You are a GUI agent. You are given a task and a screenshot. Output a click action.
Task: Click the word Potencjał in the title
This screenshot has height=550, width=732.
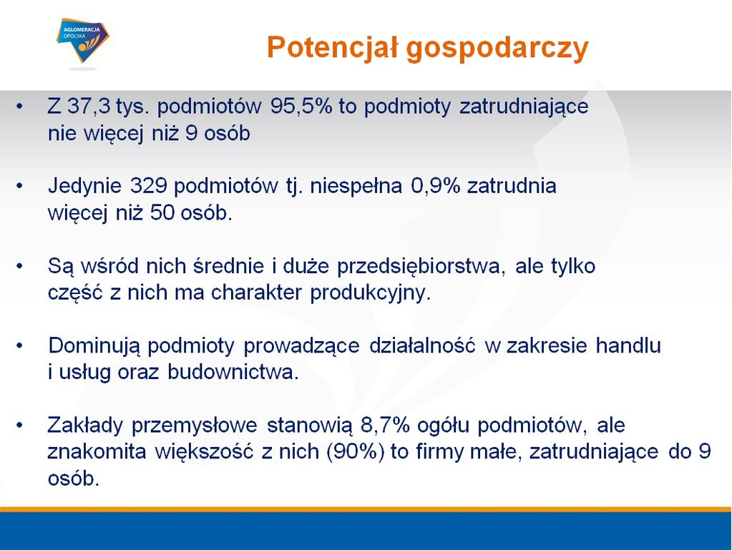(x=333, y=47)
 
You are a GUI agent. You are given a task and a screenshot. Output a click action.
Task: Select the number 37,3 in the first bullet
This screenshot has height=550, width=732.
(x=89, y=107)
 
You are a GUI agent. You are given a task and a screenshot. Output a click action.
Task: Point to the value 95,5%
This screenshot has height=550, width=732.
(x=301, y=107)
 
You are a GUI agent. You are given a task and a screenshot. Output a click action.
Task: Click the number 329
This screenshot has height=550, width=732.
(x=148, y=186)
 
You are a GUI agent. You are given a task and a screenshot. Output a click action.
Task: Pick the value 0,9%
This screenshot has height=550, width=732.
(x=436, y=186)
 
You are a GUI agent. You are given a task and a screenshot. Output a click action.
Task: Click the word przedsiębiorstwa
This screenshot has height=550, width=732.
(x=421, y=266)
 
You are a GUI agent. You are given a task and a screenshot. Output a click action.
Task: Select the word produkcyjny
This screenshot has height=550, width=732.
(x=370, y=293)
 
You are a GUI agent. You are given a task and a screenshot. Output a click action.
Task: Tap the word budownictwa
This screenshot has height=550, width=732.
(x=233, y=372)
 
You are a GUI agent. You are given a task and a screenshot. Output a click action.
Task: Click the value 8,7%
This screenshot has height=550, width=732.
(x=385, y=426)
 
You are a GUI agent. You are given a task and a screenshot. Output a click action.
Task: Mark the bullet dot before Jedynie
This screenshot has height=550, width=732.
(x=19, y=186)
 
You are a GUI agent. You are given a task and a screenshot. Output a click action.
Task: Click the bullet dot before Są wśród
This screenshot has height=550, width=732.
(x=19, y=266)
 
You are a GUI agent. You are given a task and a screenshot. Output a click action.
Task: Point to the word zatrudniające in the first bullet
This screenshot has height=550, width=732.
(x=524, y=107)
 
